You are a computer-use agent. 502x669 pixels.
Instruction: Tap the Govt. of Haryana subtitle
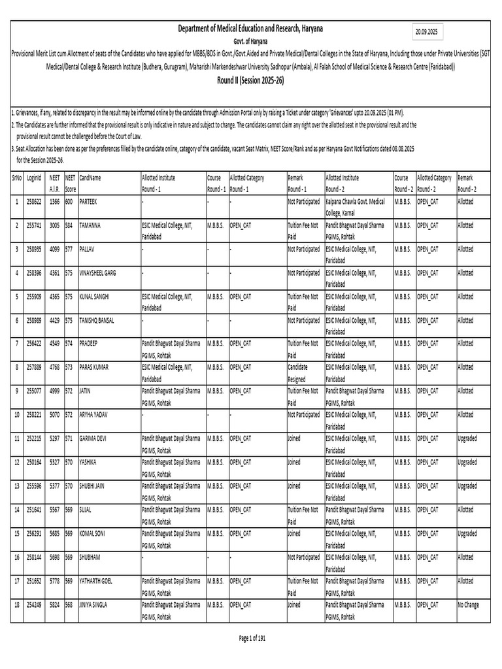pyautogui.click(x=251, y=41)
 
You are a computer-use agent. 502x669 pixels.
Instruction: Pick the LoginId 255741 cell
pyautogui.click(x=33, y=225)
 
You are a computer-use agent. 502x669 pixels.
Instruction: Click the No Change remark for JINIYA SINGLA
pyautogui.click(x=468, y=605)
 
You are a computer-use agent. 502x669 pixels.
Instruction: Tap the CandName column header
pyautogui.click(x=90, y=178)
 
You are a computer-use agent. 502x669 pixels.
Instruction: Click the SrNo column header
pyautogui.click(x=16, y=178)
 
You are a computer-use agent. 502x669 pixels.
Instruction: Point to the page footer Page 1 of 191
pyautogui.click(x=252, y=637)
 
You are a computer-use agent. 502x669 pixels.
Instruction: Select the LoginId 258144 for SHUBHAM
pyautogui.click(x=33, y=557)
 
